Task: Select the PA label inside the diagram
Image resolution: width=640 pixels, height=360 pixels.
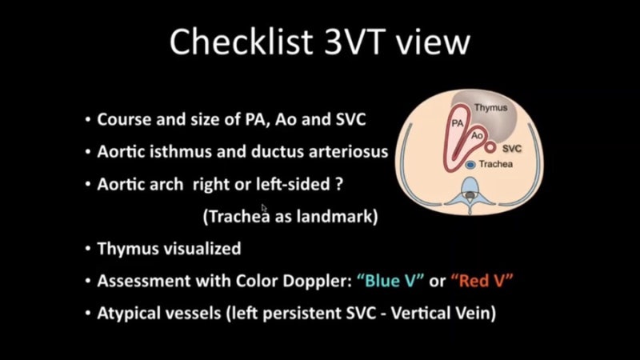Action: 458,125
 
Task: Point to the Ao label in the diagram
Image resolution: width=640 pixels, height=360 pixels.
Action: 476,138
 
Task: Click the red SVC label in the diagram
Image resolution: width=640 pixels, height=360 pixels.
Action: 514,148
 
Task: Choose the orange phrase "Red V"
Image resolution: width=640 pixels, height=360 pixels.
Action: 482,281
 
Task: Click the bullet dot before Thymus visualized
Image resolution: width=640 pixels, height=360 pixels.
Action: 87,250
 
